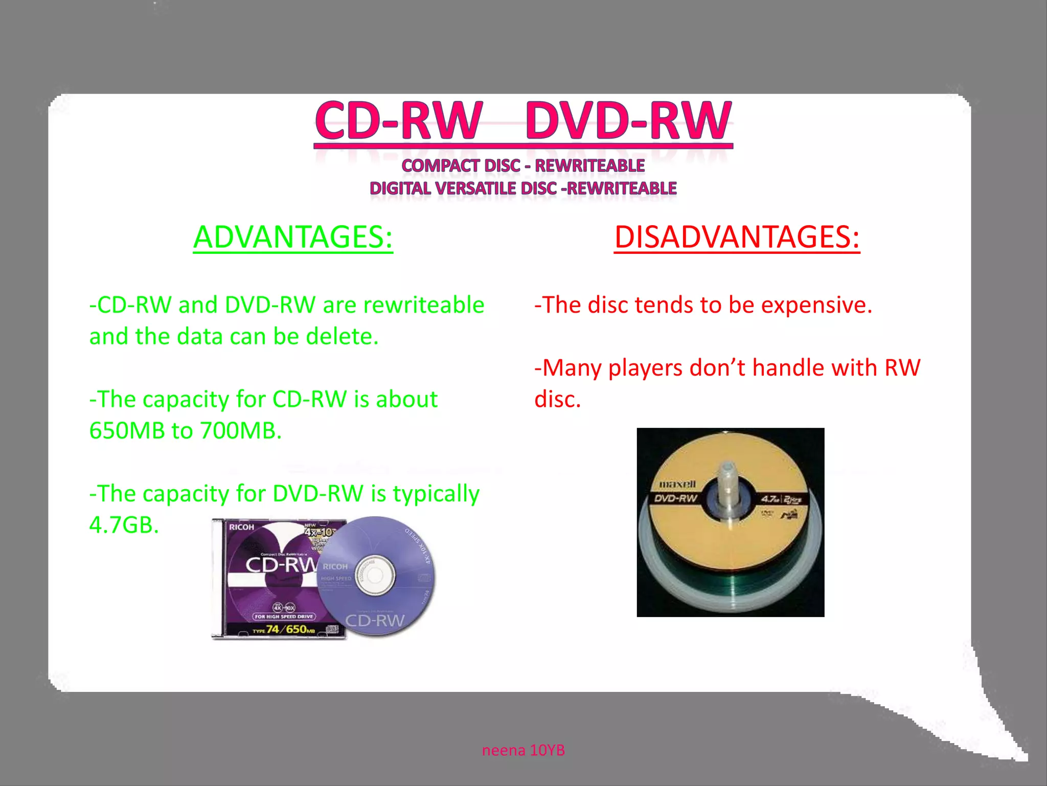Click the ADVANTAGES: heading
coord(293,237)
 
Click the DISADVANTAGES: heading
coord(737,237)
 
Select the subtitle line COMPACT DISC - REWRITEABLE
coord(523,166)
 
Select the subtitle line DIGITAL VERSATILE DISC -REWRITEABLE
coord(523,188)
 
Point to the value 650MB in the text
coord(127,431)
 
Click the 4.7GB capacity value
coord(124,525)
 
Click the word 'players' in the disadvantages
coord(645,368)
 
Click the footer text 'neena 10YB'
coord(523,750)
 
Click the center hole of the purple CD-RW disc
coord(375,576)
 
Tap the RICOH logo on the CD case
coord(241,527)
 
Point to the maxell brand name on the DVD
coord(677,484)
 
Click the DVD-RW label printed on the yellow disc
coord(676,498)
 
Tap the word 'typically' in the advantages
coord(436,494)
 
